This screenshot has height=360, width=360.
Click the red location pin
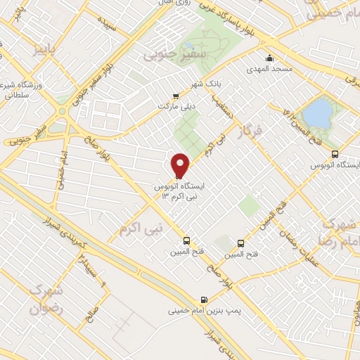coord(180,165)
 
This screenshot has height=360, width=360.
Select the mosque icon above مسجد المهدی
coord(268,58)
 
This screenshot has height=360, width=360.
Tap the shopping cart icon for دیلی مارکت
coord(176,97)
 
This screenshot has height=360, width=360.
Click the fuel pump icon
coord(204,298)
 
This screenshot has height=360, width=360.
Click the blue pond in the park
coord(319,112)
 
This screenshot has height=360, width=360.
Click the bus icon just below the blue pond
coord(334,153)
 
